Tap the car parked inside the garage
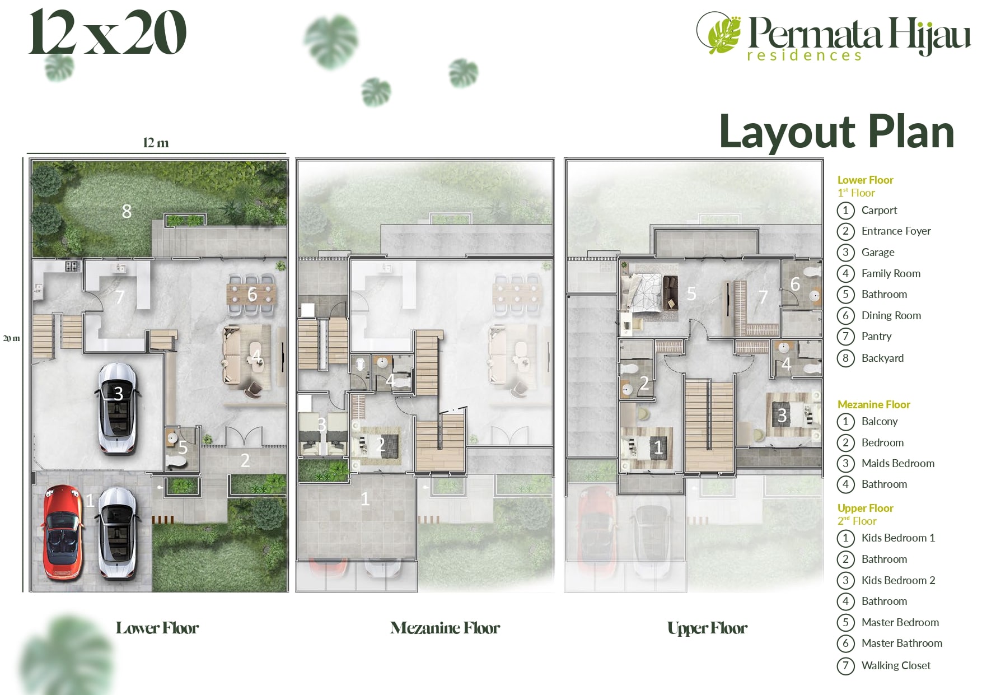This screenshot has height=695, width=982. [x=118, y=408]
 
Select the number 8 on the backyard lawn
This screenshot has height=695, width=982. [x=127, y=211]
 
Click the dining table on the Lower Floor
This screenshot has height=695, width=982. [x=252, y=293]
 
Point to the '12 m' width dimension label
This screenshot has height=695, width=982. [x=156, y=143]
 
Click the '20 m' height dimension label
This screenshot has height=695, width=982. [x=11, y=338]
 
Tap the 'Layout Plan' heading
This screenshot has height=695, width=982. [x=836, y=132]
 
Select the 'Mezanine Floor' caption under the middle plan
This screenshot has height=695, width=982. [x=445, y=628]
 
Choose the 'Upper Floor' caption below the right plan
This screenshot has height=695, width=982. [x=707, y=628]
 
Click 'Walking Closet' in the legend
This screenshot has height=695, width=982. [x=896, y=665]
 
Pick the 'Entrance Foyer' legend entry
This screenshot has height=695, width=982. [x=896, y=231]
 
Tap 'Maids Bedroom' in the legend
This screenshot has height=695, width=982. [x=898, y=463]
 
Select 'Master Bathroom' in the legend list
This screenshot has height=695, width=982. [x=902, y=643]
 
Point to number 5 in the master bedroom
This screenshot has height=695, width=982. [x=691, y=293]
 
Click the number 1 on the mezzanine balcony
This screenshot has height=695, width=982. [x=365, y=498]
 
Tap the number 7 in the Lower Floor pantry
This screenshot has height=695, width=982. [x=120, y=297]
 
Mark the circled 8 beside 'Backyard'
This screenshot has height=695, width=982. [x=845, y=358]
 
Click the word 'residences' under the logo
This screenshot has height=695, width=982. [x=804, y=55]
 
